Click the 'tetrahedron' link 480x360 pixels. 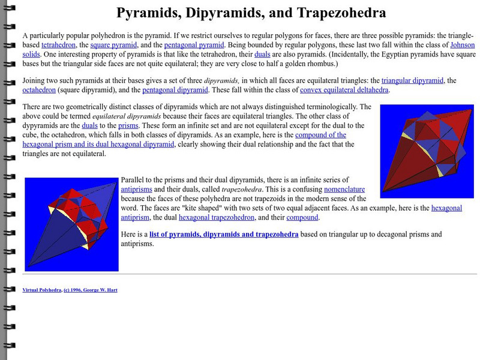59,45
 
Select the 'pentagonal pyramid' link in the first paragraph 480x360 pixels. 196,45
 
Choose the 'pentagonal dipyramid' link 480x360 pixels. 175,90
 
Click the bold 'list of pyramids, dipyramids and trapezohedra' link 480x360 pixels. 224,234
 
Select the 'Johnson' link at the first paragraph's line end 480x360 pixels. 462,45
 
